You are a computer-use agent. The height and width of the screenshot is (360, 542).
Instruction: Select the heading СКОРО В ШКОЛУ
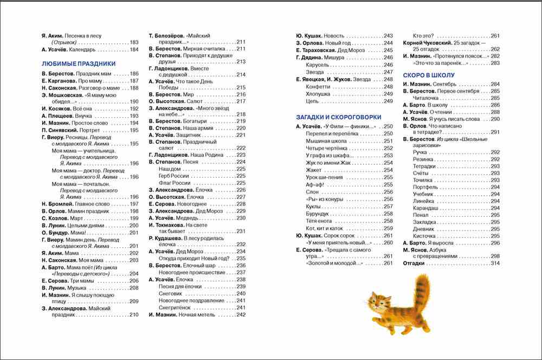428,75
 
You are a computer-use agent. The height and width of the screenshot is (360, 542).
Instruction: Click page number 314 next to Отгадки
494,263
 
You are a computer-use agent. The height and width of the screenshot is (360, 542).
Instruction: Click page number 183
134,42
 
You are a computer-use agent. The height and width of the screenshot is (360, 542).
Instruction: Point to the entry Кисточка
425,236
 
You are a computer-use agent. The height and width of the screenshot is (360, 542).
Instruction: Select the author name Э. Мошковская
64,94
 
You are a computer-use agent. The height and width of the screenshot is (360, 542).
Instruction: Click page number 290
494,119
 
